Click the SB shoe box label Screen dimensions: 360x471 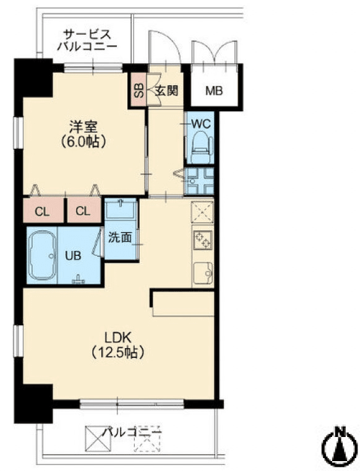coord(139,90)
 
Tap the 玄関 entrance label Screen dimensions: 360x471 coord(166,90)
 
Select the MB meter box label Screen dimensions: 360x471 coord(214,90)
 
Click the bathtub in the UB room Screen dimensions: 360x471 coord(42,255)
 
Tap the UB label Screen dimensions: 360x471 coord(74,256)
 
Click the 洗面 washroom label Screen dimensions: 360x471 coord(120,237)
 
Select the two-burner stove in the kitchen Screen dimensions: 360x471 coord(202,240)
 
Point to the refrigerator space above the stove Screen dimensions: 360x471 coord(202,211)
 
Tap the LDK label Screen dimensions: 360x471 coord(118,337)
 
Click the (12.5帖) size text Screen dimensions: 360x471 coord(118,352)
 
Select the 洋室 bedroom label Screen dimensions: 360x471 coord(84,127)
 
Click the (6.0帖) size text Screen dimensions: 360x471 coord(84,141)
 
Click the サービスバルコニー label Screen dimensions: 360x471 coord(87,40)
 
